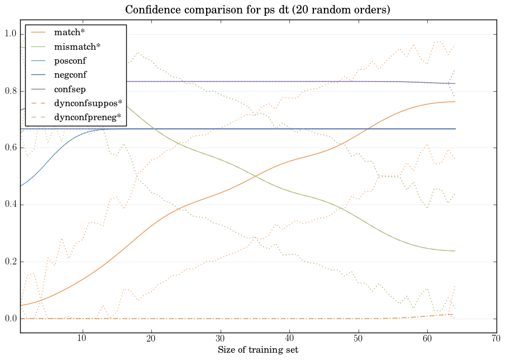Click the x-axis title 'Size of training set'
tap(257, 350)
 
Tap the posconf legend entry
tap(70, 60)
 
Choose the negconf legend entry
tap(70, 74)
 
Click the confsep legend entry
tap(69, 88)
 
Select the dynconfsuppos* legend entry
tap(88, 102)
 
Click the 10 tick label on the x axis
tap(82, 339)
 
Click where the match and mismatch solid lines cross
tap(255, 177)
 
